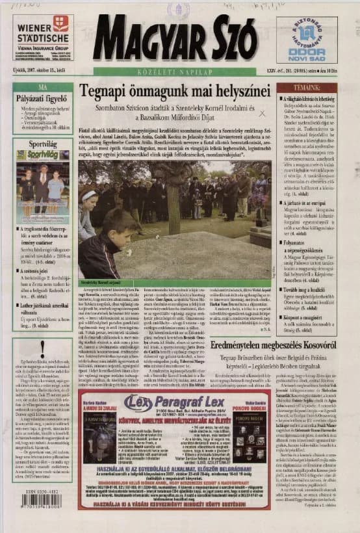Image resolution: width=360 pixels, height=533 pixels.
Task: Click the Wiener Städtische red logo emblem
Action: point(60,25)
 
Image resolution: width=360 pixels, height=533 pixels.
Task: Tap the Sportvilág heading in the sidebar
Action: point(43,143)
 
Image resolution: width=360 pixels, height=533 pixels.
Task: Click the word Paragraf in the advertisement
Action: point(184,400)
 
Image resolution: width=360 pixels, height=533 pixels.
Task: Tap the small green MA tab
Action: point(43,86)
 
